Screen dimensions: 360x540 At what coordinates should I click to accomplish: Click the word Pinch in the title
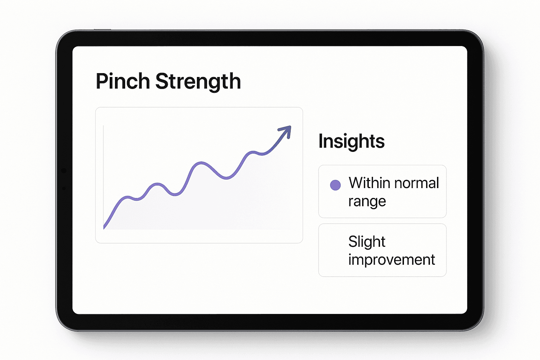click(123, 82)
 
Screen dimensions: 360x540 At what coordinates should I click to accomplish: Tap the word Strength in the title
click(198, 82)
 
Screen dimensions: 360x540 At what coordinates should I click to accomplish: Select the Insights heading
click(351, 141)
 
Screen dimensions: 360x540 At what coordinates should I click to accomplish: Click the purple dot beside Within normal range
click(335, 185)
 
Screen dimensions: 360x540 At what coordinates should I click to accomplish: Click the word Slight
click(367, 242)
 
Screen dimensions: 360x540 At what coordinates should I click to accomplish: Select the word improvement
click(391, 260)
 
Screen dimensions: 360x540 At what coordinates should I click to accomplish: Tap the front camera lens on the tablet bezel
click(64, 171)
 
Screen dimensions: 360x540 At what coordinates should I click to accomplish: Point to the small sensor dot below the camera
click(64, 188)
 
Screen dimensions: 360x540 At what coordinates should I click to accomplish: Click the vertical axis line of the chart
click(103, 176)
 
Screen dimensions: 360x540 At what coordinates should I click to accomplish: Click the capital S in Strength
click(161, 82)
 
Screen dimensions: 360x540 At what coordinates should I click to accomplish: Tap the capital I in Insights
click(321, 141)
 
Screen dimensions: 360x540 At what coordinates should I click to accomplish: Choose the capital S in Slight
click(353, 242)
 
